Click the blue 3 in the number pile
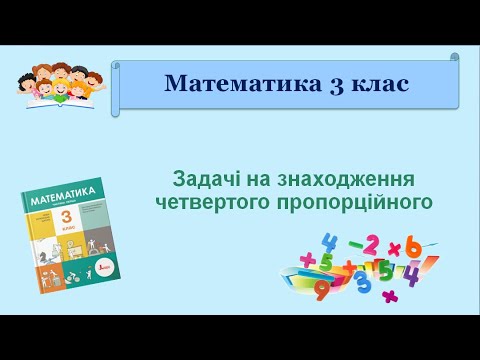[364, 280]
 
